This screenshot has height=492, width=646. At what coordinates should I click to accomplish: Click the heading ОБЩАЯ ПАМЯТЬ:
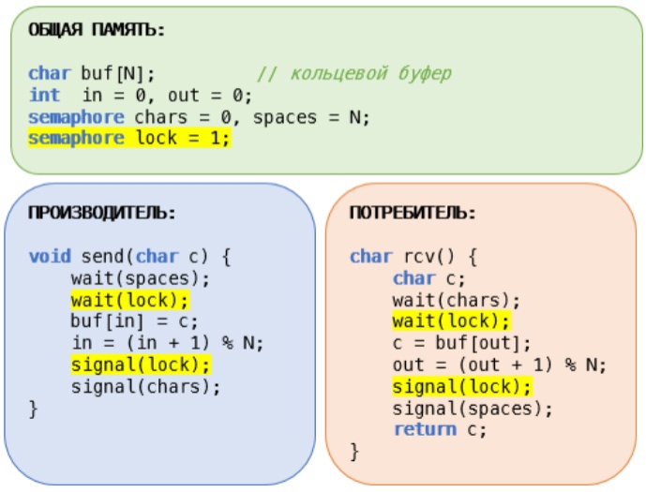click(97, 30)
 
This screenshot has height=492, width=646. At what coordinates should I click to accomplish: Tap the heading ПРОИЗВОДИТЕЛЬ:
click(100, 213)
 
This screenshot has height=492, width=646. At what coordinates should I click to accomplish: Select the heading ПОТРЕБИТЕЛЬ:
click(413, 213)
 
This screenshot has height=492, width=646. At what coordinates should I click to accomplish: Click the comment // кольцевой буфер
click(354, 73)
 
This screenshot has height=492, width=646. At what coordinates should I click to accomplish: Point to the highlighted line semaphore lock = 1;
click(128, 138)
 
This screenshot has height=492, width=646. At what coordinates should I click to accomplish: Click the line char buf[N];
click(92, 73)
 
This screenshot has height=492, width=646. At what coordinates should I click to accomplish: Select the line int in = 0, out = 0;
click(141, 95)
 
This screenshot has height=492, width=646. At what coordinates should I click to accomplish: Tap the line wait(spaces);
click(141, 278)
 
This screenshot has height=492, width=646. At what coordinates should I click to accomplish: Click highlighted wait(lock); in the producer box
click(129, 300)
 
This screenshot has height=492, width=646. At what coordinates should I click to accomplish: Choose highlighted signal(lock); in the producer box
click(141, 365)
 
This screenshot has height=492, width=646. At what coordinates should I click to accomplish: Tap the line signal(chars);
click(146, 386)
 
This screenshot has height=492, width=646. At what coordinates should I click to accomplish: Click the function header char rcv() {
click(413, 257)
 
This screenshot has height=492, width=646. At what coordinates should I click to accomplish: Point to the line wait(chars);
click(457, 300)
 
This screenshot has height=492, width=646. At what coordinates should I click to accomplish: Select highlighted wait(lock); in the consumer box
click(451, 321)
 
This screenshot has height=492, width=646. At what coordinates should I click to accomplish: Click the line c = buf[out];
click(462, 343)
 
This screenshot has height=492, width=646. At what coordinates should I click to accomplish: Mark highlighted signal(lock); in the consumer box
click(462, 386)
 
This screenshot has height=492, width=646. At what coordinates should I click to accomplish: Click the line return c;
click(439, 429)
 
